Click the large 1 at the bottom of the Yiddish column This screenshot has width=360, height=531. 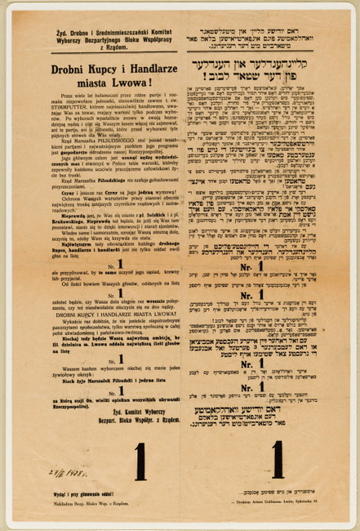(276, 457)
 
